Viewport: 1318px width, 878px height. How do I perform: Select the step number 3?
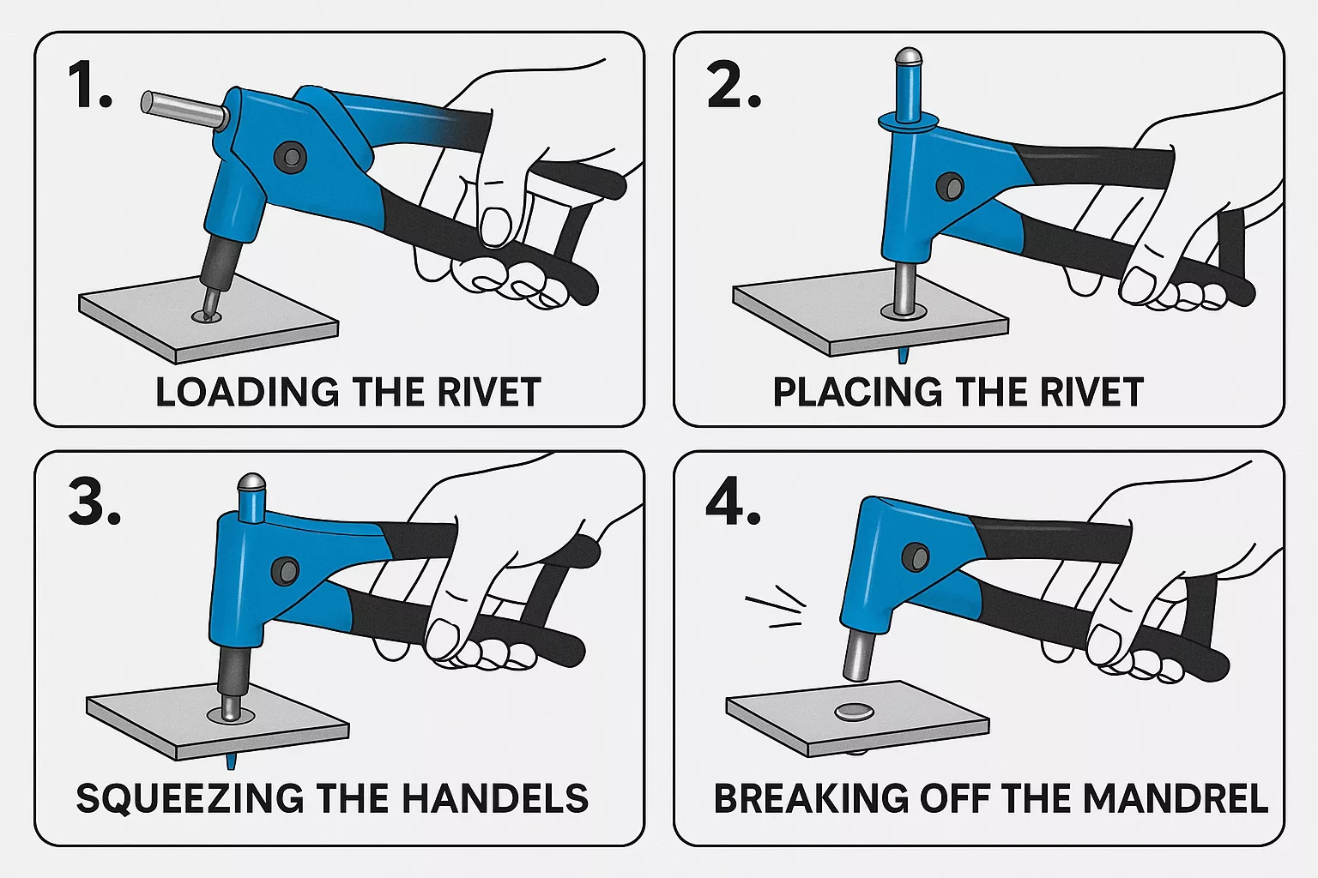pos(94,502)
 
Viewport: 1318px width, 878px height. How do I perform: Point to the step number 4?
pos(732,502)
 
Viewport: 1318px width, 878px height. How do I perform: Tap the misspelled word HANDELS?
pos(495,798)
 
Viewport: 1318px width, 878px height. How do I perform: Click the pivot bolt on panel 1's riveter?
pos(290,156)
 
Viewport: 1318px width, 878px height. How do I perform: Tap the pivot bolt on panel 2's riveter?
pos(950,186)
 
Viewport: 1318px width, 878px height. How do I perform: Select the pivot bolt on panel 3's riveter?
pos(284,569)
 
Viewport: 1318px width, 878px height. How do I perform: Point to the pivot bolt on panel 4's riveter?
pos(916,557)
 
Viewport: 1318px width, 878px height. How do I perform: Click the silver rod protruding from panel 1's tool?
pos(180,109)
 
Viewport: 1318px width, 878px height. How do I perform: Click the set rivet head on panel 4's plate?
pos(853,711)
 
